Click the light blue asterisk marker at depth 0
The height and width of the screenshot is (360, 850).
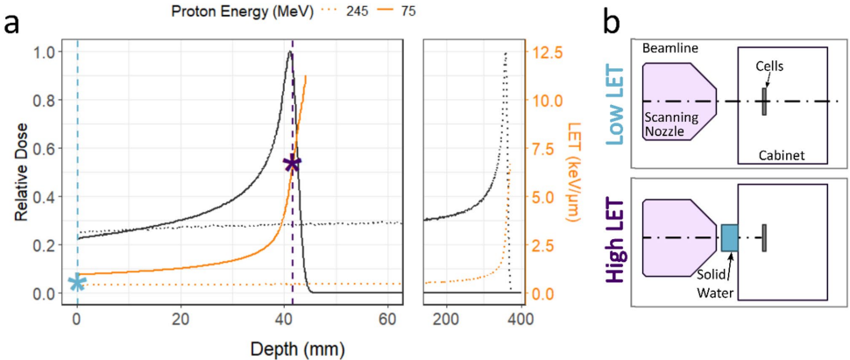coord(77,282)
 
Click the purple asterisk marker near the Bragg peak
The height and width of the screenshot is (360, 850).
coord(293,164)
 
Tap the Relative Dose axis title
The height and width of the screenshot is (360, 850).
coord(17,171)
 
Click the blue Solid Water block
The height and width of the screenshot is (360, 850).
coord(729,237)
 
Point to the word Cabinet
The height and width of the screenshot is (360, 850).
coord(781,156)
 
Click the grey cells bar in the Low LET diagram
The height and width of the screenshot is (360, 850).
coord(764,102)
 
